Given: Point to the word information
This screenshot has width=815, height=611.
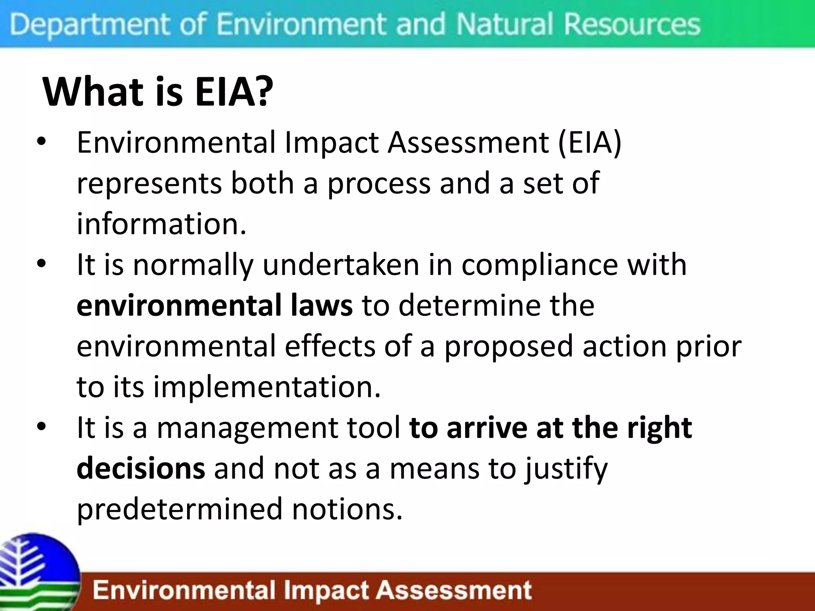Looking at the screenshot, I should click(x=161, y=224).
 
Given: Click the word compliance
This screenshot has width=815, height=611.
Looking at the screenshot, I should click(x=539, y=265).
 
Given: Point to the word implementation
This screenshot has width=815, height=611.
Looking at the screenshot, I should click(x=267, y=387).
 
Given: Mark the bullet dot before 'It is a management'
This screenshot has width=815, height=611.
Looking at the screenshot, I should click(x=41, y=427).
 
